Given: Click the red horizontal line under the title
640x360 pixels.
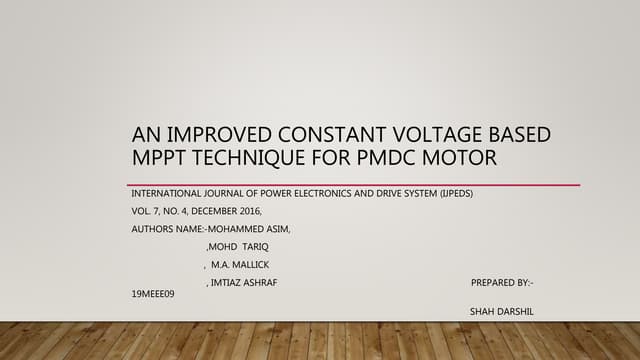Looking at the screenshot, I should tap(355, 185).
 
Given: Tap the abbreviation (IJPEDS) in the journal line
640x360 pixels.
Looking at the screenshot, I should tap(453, 193).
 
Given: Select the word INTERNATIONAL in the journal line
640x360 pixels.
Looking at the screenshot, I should tap(169, 193).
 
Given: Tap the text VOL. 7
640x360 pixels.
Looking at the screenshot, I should tap(147, 211).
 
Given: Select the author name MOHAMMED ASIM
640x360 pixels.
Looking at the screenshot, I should tap(249, 229).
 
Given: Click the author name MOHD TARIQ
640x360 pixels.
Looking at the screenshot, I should tap(231, 247).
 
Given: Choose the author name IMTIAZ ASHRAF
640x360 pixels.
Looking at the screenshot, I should tap(244, 283).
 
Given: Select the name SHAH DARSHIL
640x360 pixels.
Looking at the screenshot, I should tap(501, 312).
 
